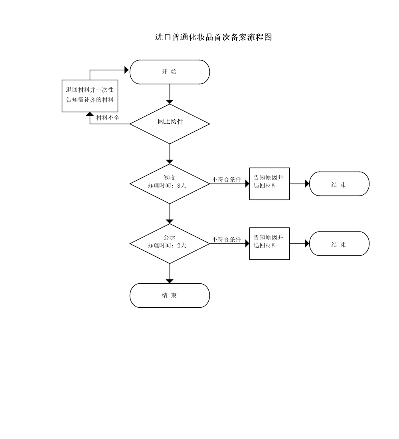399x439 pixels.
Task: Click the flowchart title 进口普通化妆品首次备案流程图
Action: [x=213, y=37]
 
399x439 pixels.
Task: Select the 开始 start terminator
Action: [x=170, y=72]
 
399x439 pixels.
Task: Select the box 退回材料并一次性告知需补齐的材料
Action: [x=90, y=96]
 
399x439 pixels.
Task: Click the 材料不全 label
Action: [x=108, y=118]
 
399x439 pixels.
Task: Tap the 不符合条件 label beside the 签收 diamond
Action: [x=226, y=180]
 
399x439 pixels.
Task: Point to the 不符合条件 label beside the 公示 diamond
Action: [x=226, y=239]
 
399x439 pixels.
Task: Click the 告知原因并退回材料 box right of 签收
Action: [x=269, y=184]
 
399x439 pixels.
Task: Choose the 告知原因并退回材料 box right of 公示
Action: [x=269, y=243]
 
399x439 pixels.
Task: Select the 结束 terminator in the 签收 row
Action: [x=339, y=184]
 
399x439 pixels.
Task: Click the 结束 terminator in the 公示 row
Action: [x=339, y=244]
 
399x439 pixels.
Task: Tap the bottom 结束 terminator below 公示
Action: [x=170, y=295]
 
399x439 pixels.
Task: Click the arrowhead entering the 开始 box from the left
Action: [x=127, y=70]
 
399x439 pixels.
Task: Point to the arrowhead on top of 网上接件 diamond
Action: [x=170, y=102]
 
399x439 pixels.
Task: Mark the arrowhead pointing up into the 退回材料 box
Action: [x=90, y=114]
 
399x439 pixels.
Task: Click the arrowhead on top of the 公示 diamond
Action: [x=170, y=221]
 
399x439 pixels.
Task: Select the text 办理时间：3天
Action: [x=167, y=186]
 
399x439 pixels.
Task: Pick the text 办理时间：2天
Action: [x=167, y=245]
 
